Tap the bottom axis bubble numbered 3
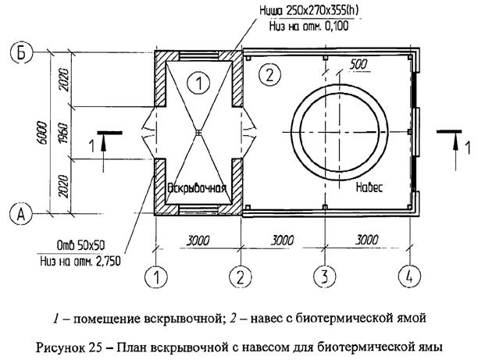[x=323, y=276]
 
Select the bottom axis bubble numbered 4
[x=408, y=276]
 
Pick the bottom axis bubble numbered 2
[x=240, y=276]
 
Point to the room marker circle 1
[x=199, y=80]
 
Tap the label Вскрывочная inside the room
[x=197, y=187]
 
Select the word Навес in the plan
[x=366, y=187]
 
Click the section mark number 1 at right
[x=467, y=146]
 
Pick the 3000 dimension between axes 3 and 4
[x=366, y=241]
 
